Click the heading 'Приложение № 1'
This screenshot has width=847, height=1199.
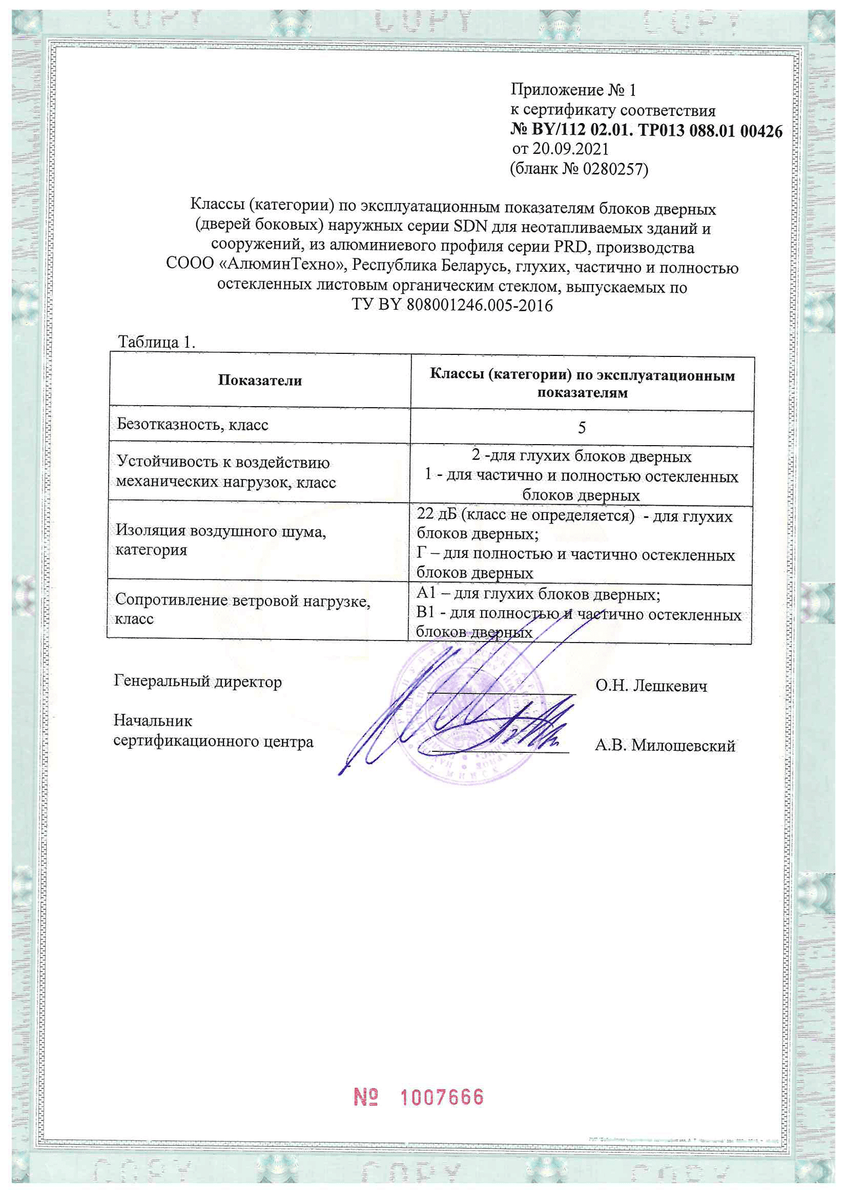573,90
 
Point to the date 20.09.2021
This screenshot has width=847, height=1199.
570,149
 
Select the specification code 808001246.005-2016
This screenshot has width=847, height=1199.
479,305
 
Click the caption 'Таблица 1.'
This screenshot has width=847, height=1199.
157,342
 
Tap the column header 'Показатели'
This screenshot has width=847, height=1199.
260,380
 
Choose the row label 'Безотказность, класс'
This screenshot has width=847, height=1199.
192,425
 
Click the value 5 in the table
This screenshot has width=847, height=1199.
582,428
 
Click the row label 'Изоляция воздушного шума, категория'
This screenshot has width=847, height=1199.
220,540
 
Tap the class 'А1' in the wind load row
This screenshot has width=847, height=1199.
426,594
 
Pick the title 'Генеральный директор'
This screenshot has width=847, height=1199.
198,682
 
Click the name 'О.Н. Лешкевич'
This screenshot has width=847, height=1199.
651,686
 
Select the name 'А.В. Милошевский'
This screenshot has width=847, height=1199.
665,746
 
